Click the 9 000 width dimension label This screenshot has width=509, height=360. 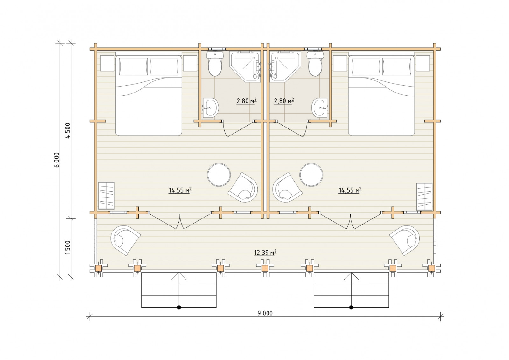265,313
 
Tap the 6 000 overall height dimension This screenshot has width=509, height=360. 57,160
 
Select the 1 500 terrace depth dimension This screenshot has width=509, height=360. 68,247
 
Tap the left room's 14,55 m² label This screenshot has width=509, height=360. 180,190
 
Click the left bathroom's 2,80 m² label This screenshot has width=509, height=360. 247,100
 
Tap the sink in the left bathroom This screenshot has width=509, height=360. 210,108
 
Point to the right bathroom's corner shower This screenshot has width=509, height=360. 285,66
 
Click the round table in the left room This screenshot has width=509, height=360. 219,175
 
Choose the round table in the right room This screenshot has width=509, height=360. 311,175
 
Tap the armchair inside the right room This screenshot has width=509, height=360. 288,188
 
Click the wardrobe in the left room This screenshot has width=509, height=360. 106,196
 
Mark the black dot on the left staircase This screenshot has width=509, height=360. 179,308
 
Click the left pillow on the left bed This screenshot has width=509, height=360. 133,66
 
